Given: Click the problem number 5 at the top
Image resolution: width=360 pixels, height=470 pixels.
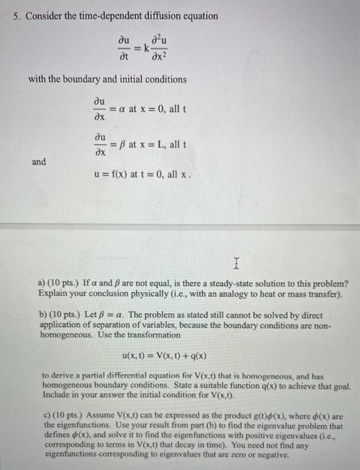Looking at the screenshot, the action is (16, 15).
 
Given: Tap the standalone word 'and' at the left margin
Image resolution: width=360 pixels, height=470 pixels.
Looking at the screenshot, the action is (38, 161).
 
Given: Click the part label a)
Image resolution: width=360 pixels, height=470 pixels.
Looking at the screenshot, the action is (44, 283).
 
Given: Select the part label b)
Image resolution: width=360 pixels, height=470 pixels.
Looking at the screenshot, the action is (45, 315).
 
